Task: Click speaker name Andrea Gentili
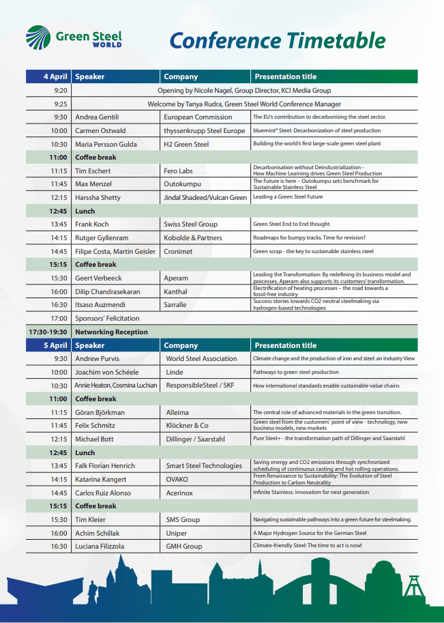[96, 117]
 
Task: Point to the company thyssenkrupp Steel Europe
[204, 130]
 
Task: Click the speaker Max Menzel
[94, 184]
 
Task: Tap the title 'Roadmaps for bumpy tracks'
[309, 237]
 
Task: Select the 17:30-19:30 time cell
[48, 332]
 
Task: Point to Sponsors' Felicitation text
[107, 318]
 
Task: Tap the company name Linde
[175, 372]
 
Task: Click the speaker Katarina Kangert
[102, 479]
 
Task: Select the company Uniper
[177, 533]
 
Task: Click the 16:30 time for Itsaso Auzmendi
[60, 304]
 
